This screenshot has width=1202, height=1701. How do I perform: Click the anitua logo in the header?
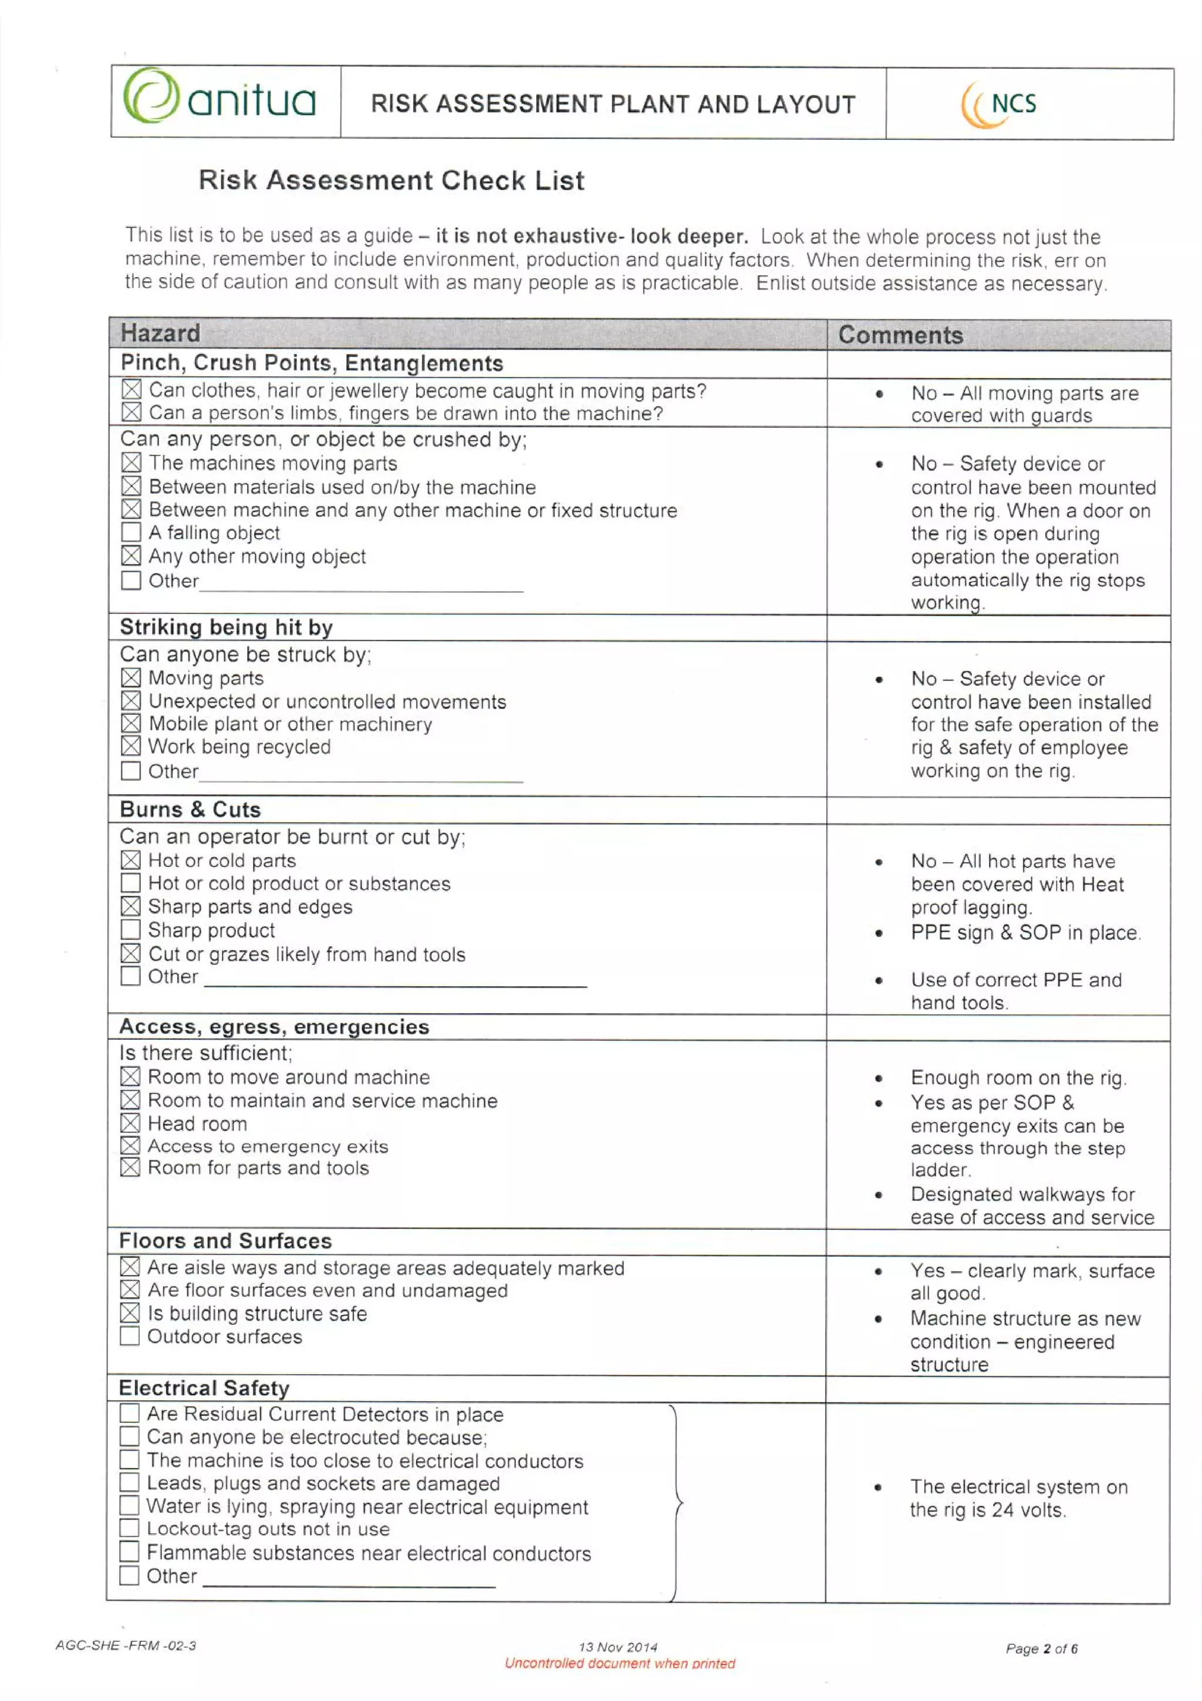(x=220, y=99)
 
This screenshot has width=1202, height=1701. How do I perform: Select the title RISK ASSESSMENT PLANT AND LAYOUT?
(x=613, y=104)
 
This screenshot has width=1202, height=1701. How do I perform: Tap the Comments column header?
(x=900, y=335)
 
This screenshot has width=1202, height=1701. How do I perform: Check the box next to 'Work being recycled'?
(x=131, y=746)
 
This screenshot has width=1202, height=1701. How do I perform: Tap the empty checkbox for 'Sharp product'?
(x=130, y=929)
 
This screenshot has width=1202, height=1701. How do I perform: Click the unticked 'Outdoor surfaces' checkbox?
(x=130, y=1336)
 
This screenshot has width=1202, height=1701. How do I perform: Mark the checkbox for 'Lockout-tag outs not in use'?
(x=129, y=1528)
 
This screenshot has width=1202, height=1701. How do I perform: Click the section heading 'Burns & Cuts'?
(x=190, y=809)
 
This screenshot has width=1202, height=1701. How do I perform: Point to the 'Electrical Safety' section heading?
(x=204, y=1388)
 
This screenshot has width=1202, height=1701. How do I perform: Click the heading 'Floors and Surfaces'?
(x=225, y=1241)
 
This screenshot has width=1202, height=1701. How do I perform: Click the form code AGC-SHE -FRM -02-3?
(x=126, y=1645)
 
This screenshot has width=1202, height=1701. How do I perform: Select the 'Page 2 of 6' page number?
(x=1041, y=1648)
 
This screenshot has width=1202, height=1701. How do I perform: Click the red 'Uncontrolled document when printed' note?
(x=619, y=1663)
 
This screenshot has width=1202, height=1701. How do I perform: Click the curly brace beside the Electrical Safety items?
(x=677, y=1503)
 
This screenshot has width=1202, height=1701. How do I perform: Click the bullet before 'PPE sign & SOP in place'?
(x=879, y=933)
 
